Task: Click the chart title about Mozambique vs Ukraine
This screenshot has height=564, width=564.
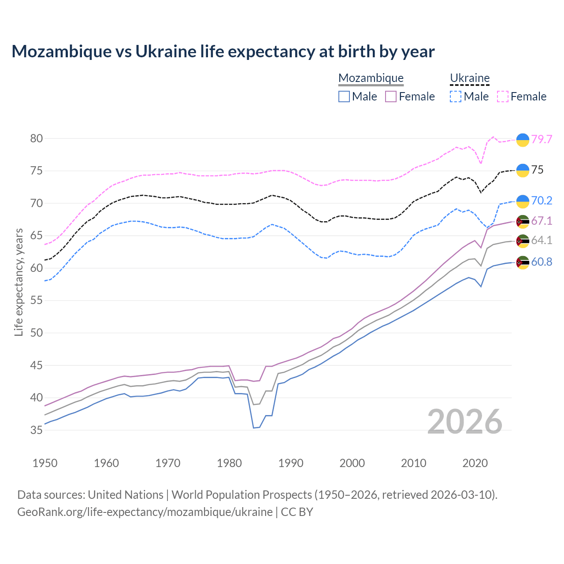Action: tap(223, 52)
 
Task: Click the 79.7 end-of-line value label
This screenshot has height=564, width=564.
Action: tap(542, 139)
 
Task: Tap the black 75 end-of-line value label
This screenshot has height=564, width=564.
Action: tap(537, 170)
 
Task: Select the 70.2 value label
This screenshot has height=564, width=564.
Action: tap(542, 200)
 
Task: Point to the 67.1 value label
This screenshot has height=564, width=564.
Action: tap(542, 221)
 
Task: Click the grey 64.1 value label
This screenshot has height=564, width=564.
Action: tap(542, 240)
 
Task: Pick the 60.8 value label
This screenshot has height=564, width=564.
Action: tap(542, 262)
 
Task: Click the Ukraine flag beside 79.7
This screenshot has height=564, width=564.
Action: tap(523, 139)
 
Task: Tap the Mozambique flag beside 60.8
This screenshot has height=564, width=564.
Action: tap(523, 262)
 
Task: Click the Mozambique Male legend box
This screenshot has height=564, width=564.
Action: tap(344, 96)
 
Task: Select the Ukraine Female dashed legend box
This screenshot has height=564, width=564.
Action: tap(503, 96)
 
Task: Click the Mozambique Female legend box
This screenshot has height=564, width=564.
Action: tap(391, 96)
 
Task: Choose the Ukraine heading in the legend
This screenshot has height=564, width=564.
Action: tap(470, 78)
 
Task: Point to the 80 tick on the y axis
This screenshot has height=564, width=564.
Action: tap(37, 138)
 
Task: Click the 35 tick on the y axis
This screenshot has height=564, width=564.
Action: tap(37, 430)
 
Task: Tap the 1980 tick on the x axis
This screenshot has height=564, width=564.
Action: tap(229, 463)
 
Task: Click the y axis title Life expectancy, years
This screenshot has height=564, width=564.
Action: tap(19, 282)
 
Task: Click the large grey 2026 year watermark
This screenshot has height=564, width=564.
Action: tap(465, 422)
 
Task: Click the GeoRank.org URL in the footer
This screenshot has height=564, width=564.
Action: tap(145, 512)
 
